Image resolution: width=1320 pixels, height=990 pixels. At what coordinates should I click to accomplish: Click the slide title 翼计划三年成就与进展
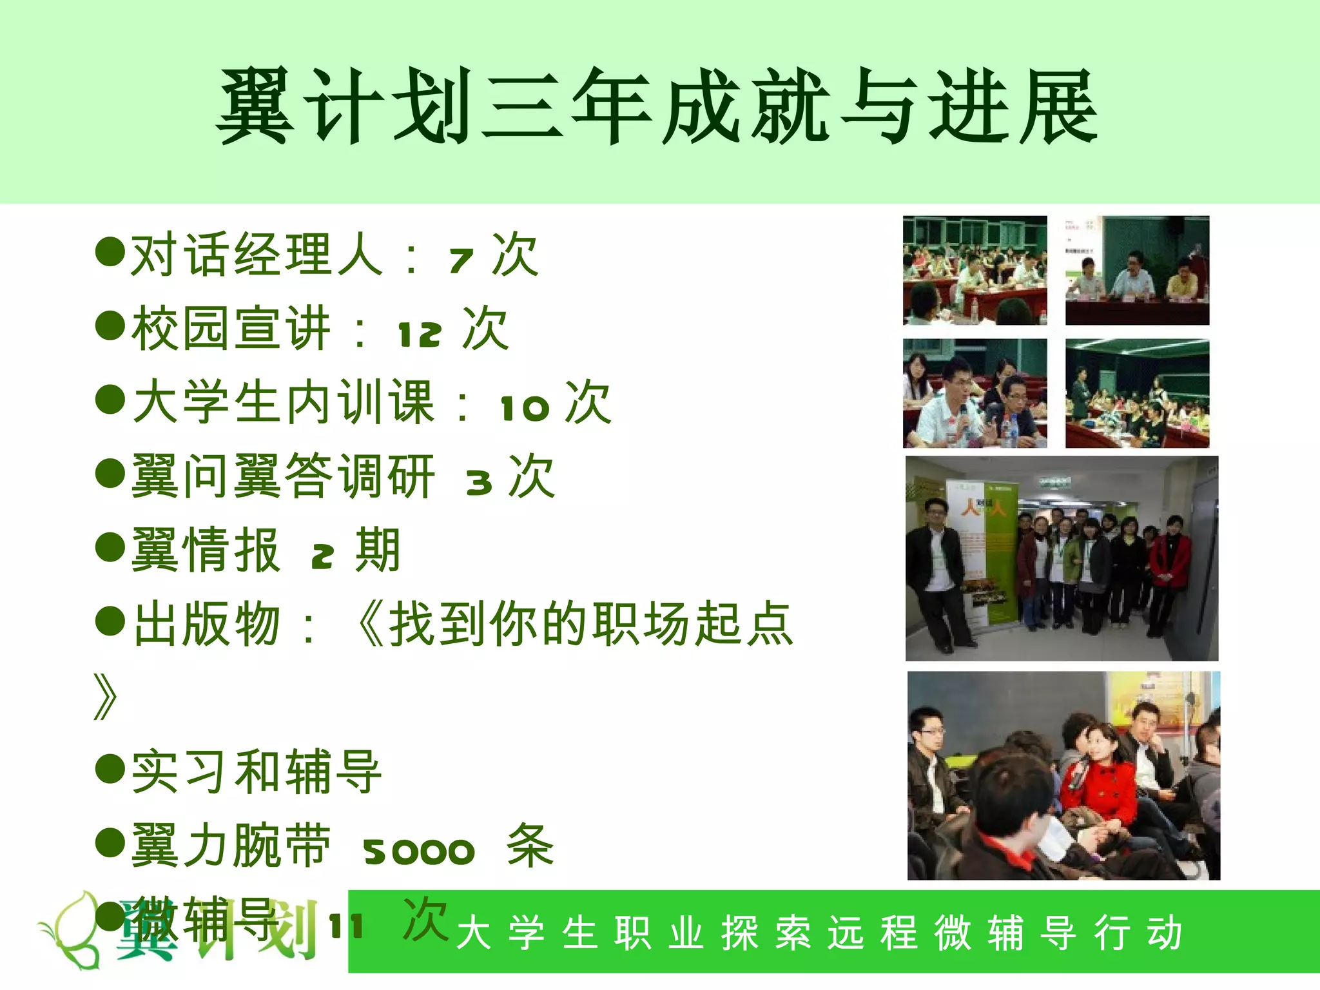[x=657, y=106]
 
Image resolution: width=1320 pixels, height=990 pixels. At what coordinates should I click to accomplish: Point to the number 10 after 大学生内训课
[x=525, y=408]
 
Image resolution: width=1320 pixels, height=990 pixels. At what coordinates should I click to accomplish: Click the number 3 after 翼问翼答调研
[x=479, y=482]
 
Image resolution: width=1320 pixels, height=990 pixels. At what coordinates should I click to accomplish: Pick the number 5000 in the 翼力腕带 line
[x=419, y=852]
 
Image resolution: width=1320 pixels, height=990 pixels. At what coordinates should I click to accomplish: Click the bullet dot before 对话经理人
[x=110, y=251]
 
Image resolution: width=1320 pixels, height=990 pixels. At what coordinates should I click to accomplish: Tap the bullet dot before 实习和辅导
[x=110, y=768]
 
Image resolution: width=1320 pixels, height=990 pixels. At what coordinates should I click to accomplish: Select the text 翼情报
[x=205, y=550]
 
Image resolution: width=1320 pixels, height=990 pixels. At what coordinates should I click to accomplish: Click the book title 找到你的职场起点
[x=590, y=624]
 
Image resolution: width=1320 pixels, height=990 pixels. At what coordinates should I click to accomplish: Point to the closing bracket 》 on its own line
[x=106, y=697]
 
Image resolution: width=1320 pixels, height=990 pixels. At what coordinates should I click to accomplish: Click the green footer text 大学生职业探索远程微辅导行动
[x=819, y=933]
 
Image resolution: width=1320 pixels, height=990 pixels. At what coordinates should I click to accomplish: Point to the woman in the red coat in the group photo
[x=1170, y=567]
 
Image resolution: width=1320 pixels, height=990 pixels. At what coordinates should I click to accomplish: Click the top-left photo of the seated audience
[x=975, y=270]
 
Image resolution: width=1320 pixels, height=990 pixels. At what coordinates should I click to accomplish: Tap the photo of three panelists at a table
[x=1137, y=270]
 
